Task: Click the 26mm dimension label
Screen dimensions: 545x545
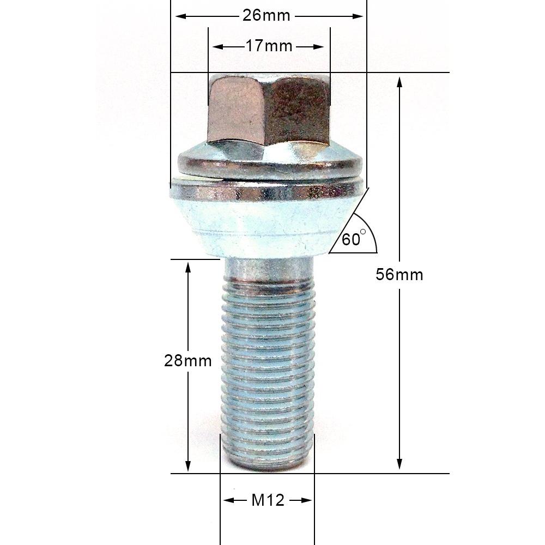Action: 266,16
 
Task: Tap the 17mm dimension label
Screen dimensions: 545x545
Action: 269,46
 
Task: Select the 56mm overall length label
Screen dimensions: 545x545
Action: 399,275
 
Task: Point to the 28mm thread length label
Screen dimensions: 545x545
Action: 187,360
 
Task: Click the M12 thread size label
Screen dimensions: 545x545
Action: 268,500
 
